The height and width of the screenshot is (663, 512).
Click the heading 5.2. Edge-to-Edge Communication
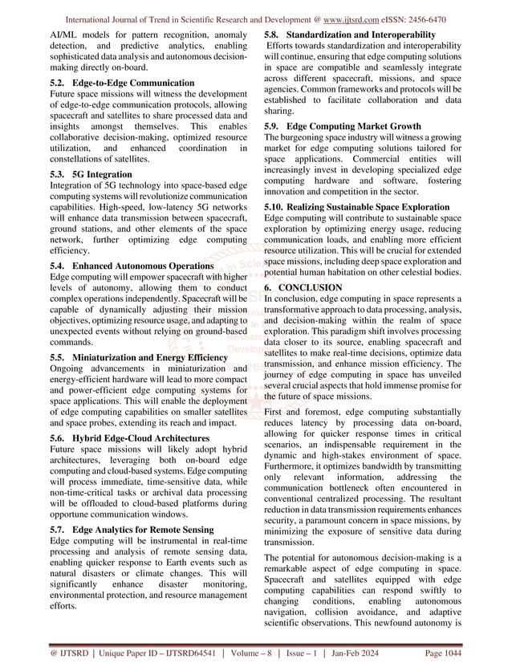click(x=121, y=83)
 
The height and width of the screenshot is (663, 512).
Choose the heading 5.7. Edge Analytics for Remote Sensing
click(x=132, y=531)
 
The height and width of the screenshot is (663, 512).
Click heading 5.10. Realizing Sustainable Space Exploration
click(x=368, y=206)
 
